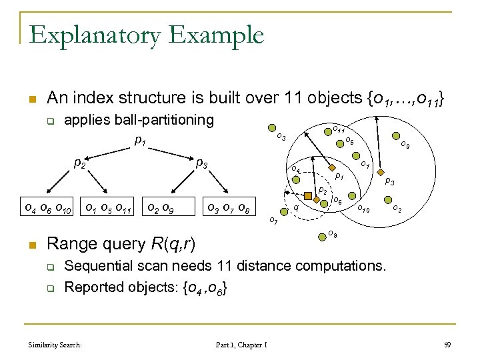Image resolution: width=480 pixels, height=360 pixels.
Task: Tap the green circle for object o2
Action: tap(387, 199)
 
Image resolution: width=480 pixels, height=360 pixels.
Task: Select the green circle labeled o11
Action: tap(329, 131)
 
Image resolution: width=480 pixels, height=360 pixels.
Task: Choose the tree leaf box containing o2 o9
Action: tap(161, 205)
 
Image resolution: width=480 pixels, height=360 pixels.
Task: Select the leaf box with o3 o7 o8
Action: tap(229, 205)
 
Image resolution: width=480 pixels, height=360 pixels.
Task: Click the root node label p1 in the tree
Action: tap(139, 141)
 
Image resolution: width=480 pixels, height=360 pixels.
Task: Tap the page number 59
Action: tap(447, 345)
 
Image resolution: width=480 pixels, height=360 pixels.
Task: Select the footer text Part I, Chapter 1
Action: tap(241, 345)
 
